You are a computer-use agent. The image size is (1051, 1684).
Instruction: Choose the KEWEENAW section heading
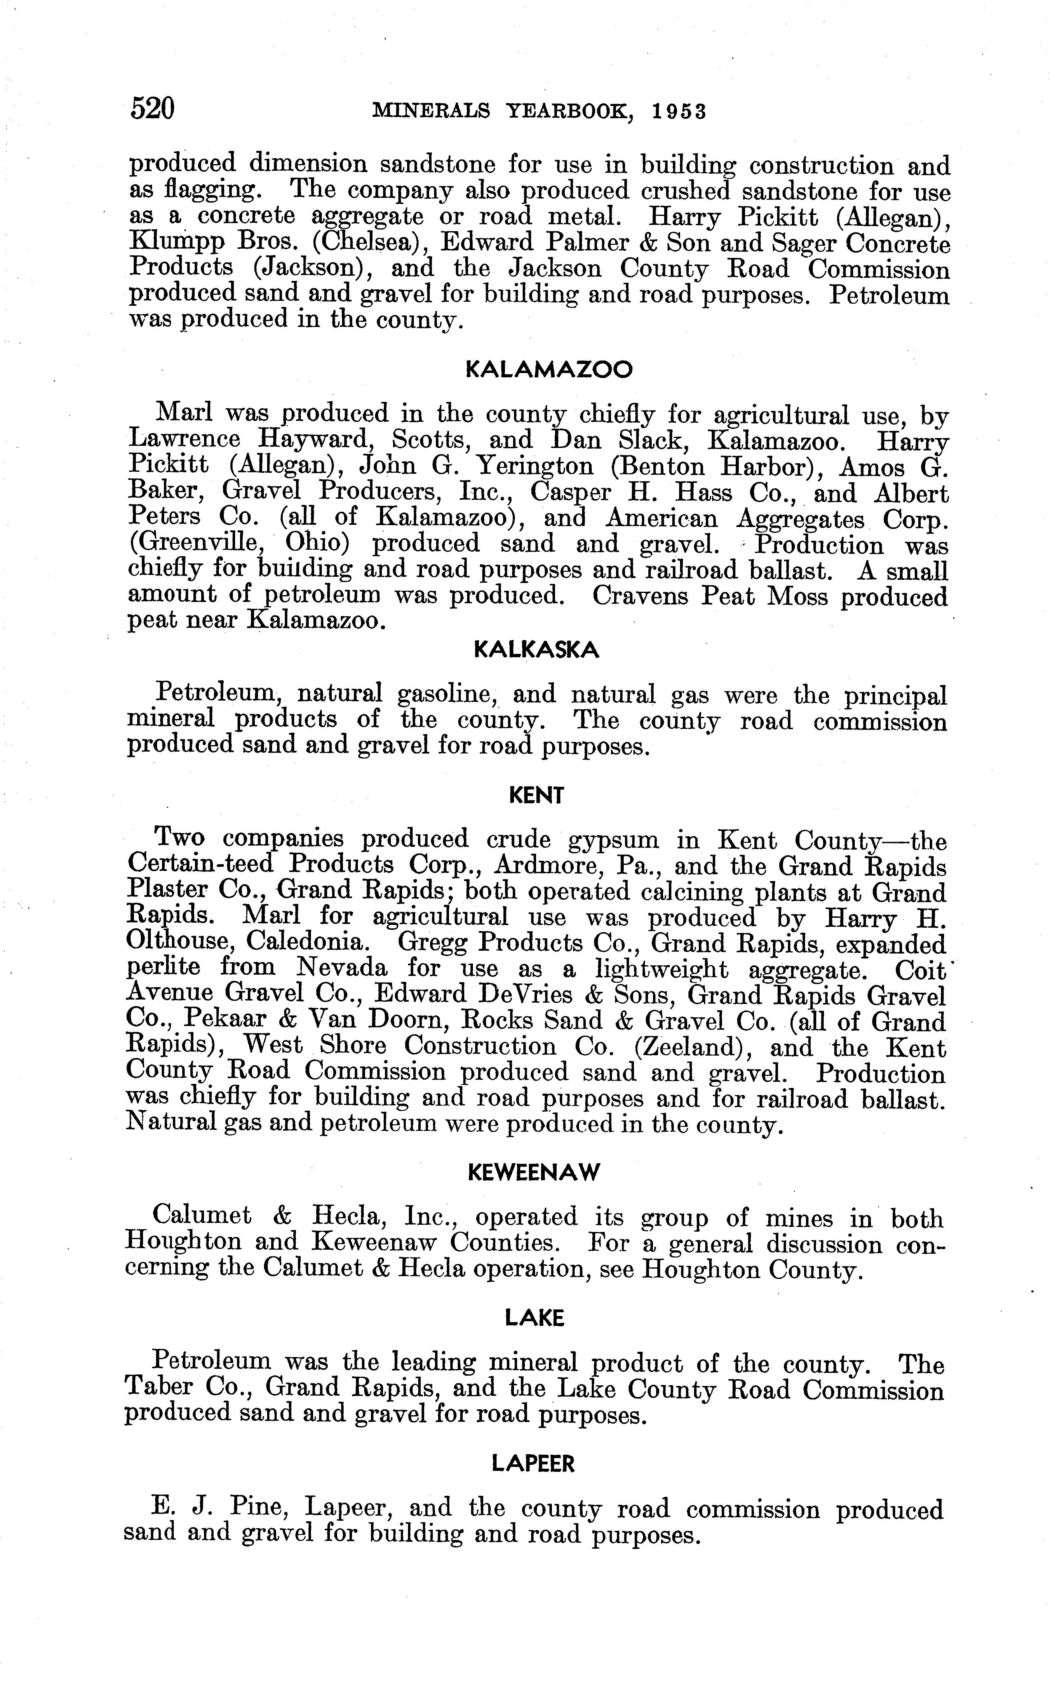point(534,1173)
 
